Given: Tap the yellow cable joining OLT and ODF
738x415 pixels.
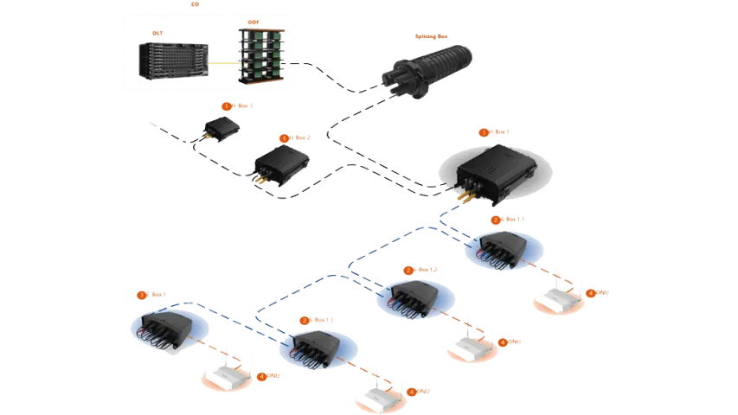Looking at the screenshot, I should point(223,63).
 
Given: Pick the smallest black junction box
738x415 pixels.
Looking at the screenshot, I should point(221,129).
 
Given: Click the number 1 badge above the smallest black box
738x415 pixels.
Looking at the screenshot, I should point(227,106).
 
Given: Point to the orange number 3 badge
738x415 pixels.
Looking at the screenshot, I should point(305,320).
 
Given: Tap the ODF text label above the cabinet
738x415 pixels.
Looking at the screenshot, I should point(253,22).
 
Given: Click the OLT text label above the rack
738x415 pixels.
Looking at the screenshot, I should point(157,32).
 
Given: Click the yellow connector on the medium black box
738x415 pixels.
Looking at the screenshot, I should point(258,181).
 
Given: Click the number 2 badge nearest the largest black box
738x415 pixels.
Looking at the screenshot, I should point(496,220).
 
